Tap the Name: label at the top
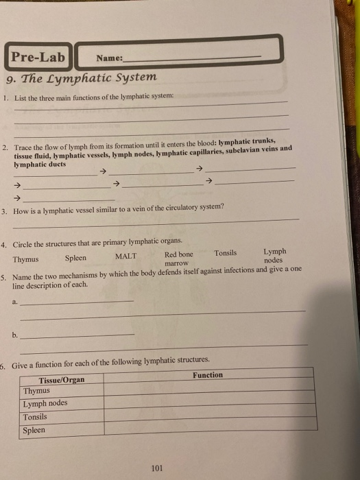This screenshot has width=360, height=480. [x=110, y=59]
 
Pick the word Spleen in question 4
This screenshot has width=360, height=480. [x=75, y=258]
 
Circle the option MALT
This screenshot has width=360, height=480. [x=125, y=256]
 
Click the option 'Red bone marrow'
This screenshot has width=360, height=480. [x=178, y=258]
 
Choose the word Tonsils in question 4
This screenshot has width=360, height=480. [x=225, y=253]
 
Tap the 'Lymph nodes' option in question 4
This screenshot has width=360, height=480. [x=274, y=256]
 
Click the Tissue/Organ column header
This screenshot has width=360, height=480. [x=62, y=379]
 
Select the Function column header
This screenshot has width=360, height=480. [x=207, y=375]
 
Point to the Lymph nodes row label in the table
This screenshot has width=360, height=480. [x=45, y=403]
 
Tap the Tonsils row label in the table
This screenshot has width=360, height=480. [x=35, y=417]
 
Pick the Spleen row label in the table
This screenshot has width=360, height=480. [x=34, y=430]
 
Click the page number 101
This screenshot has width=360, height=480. [x=156, y=468]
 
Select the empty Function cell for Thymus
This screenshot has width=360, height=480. [x=209, y=389]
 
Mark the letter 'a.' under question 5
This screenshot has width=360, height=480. [x=16, y=300]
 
